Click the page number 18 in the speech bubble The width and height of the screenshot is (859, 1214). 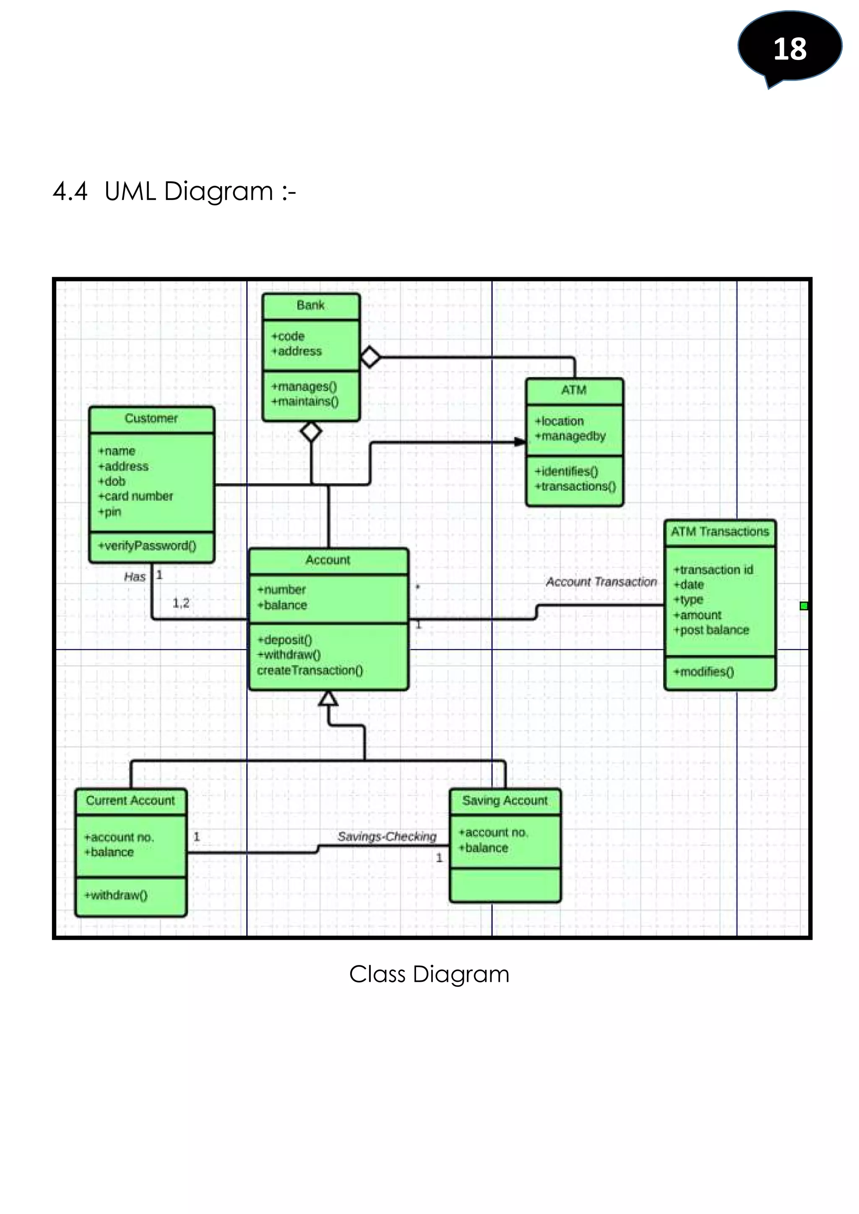pyautogui.click(x=789, y=49)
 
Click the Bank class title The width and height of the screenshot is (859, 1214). pyautogui.click(x=310, y=305)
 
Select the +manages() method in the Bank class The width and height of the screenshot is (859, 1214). pyautogui.click(x=304, y=387)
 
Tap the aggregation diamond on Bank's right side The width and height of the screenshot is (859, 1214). pyautogui.click(x=370, y=357)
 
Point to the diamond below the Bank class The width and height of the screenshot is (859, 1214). pyautogui.click(x=311, y=431)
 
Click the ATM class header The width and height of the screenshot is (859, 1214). pyautogui.click(x=574, y=390)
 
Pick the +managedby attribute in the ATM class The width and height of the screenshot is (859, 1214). pyautogui.click(x=570, y=436)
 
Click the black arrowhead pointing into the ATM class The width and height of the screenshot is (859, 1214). pyautogui.click(x=521, y=441)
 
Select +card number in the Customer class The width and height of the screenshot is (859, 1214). pyautogui.click(x=136, y=496)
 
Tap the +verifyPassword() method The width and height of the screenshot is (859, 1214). pyautogui.click(x=148, y=546)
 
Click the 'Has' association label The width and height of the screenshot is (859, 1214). pyautogui.click(x=134, y=577)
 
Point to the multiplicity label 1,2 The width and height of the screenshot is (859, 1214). pyautogui.click(x=181, y=603)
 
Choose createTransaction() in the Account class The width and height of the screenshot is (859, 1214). pyautogui.click(x=310, y=670)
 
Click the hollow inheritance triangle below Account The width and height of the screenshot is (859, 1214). pyautogui.click(x=328, y=698)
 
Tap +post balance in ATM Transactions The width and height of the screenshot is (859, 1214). pyautogui.click(x=711, y=630)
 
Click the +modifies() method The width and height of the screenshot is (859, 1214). pyautogui.click(x=703, y=672)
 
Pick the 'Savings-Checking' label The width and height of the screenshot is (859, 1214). pyautogui.click(x=387, y=836)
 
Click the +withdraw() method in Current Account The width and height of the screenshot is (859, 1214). pyautogui.click(x=116, y=895)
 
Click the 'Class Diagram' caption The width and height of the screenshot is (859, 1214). pyautogui.click(x=429, y=974)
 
